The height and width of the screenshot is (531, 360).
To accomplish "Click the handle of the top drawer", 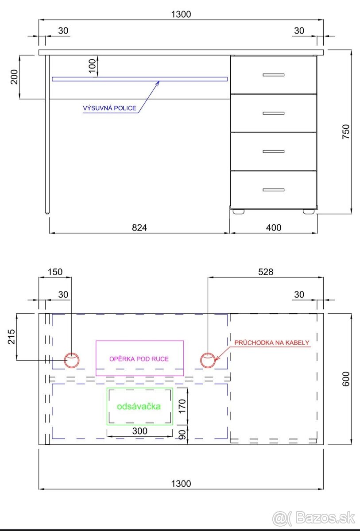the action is [274, 75].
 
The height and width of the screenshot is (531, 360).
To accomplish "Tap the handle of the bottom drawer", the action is [274, 190].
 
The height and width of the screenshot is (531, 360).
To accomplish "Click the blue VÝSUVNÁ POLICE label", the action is [109, 108].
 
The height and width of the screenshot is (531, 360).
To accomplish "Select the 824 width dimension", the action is [139, 227].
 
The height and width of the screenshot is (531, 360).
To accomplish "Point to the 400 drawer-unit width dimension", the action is [274, 227].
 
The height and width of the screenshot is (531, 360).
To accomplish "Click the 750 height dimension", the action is [346, 132].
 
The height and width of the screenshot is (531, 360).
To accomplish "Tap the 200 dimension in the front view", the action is [14, 77].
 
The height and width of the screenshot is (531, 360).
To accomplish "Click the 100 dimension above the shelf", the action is [92, 66].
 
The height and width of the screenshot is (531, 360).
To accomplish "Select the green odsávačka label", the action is [139, 406].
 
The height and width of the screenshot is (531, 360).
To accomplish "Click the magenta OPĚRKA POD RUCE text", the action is [139, 359].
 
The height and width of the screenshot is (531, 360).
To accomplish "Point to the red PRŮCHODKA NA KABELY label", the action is [272, 342].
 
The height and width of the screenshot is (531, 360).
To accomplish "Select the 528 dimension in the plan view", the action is [266, 272].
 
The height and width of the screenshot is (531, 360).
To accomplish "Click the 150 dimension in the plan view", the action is [55, 272].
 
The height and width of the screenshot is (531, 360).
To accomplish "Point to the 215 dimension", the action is [12, 337].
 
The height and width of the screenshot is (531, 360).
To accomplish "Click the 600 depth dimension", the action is [346, 379].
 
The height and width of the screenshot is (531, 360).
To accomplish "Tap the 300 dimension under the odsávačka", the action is [139, 431].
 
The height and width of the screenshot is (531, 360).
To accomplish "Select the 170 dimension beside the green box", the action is [182, 406].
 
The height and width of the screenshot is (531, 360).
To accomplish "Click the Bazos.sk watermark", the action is [314, 519].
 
